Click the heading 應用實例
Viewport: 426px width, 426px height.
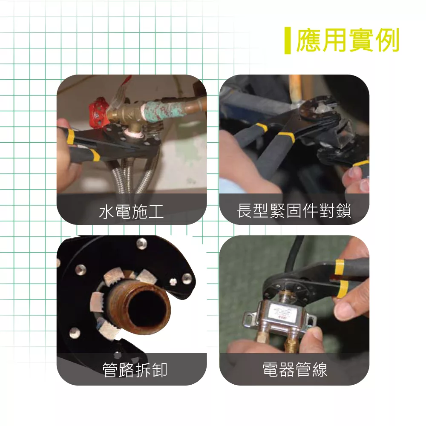[x=348, y=40]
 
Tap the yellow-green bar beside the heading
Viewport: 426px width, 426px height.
[x=288, y=40]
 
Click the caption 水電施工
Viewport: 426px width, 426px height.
[x=132, y=212]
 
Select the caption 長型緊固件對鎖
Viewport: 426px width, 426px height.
[x=294, y=210]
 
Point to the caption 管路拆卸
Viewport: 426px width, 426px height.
[x=135, y=370]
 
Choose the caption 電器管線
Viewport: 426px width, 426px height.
[x=295, y=369]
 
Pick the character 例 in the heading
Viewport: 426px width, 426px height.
[x=387, y=40]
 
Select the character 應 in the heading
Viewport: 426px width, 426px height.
[x=308, y=40]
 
